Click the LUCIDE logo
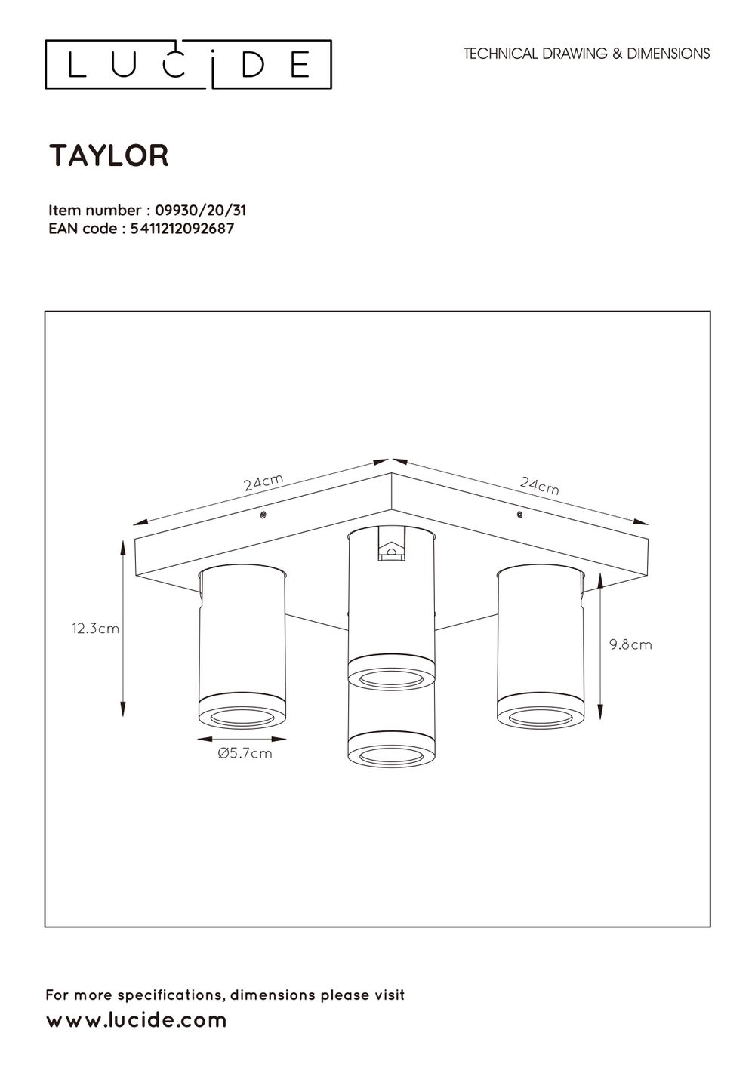pyautogui.click(x=188, y=65)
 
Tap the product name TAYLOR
pyautogui.click(x=109, y=155)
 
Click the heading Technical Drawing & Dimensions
pyautogui.click(x=587, y=54)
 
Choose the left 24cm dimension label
pyautogui.click(x=263, y=482)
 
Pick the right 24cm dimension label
pyautogui.click(x=540, y=485)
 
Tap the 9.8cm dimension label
pyautogui.click(x=630, y=644)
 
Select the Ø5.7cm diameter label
pyautogui.click(x=245, y=752)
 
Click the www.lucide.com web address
pyautogui.click(x=137, y=1020)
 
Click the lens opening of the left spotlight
pyautogui.click(x=242, y=716)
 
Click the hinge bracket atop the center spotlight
pyautogui.click(x=390, y=548)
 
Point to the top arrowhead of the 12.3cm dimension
pyautogui.click(x=123, y=544)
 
